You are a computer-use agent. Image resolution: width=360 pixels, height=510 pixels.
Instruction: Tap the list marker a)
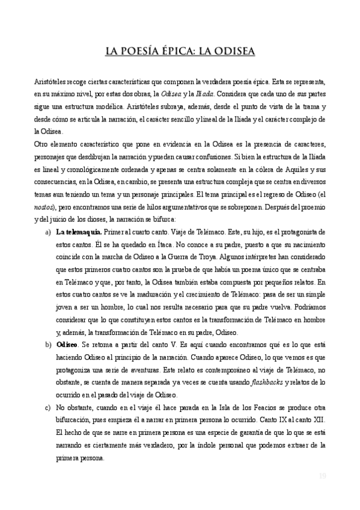[48, 232]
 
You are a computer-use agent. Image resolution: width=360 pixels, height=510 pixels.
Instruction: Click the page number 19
[322, 476]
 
